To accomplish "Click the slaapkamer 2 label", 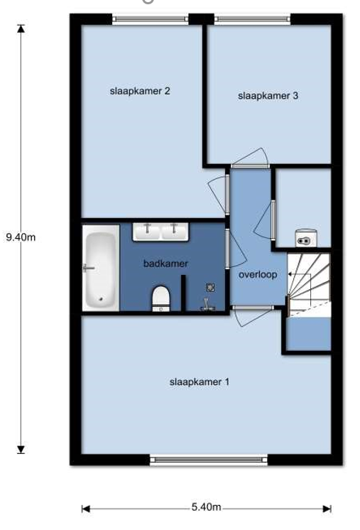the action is [140, 91].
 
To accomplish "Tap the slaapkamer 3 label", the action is [268, 96].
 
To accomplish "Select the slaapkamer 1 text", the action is [200, 382].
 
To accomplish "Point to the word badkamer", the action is [165, 264].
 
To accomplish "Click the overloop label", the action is [258, 274].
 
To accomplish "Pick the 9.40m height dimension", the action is [21, 237].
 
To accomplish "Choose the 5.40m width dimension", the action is [207, 507].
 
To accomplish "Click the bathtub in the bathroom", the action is [101, 267].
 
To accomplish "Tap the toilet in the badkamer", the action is [160, 298].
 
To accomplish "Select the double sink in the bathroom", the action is [160, 232].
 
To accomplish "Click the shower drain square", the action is [211, 288].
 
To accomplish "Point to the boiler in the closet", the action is [306, 237].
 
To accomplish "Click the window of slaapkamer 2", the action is [151, 19].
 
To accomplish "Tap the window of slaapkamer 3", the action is [253, 19].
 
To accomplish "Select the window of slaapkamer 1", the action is [209, 460].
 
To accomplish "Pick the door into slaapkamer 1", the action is [252, 315].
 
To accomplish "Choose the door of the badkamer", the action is [236, 249].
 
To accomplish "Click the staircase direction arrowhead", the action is [290, 274].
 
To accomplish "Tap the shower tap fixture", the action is [207, 304].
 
